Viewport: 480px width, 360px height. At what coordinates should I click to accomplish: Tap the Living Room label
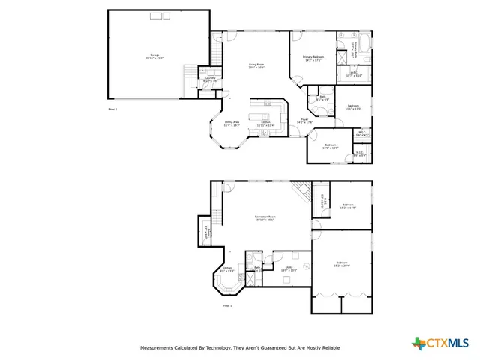click(256, 66)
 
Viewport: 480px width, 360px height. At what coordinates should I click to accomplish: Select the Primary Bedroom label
click(313, 58)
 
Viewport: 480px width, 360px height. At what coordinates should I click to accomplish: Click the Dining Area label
click(232, 123)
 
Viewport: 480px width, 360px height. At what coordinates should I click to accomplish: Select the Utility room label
click(289, 268)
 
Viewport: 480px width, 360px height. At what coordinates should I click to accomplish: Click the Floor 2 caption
click(113, 109)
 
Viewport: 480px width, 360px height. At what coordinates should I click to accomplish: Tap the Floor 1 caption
click(228, 305)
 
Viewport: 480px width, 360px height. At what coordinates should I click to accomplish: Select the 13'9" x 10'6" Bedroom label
click(331, 147)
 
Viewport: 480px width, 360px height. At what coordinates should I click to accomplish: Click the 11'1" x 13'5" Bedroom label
click(352, 107)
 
